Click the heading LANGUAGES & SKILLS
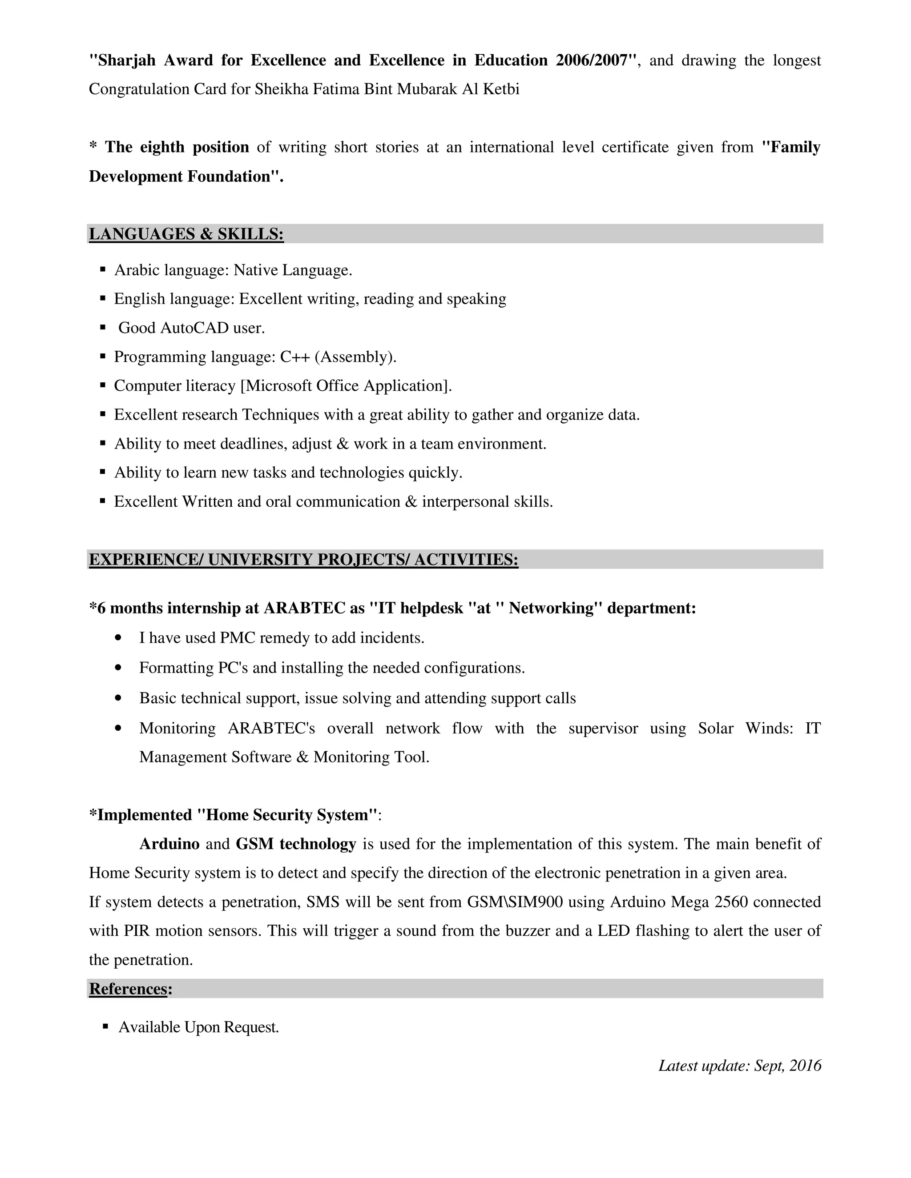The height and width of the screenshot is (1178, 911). pyautogui.click(x=186, y=234)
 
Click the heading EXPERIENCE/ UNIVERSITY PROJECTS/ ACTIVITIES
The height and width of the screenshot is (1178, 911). pyautogui.click(x=303, y=560)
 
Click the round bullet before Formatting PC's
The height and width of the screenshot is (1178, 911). pyautogui.click(x=119, y=668)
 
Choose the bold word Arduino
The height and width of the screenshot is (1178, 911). pyautogui.click(x=169, y=844)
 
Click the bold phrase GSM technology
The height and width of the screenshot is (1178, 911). pyautogui.click(x=296, y=844)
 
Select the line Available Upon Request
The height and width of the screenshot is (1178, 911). pyautogui.click(x=198, y=1027)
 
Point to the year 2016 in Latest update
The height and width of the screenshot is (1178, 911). pyautogui.click(x=805, y=1066)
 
